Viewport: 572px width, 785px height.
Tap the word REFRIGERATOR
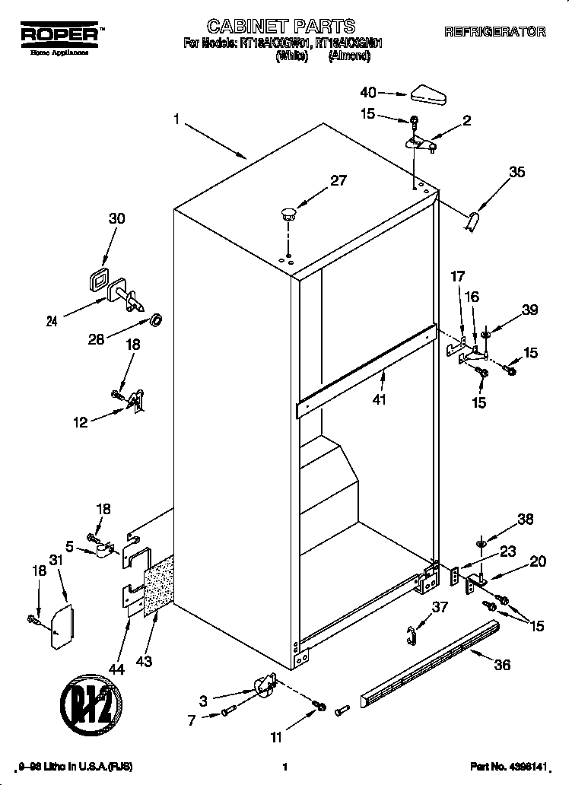[494, 32]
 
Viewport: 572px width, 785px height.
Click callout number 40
[368, 93]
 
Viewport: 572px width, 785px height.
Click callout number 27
[338, 180]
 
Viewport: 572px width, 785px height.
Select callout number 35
[516, 172]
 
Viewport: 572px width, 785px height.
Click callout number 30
[116, 218]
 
